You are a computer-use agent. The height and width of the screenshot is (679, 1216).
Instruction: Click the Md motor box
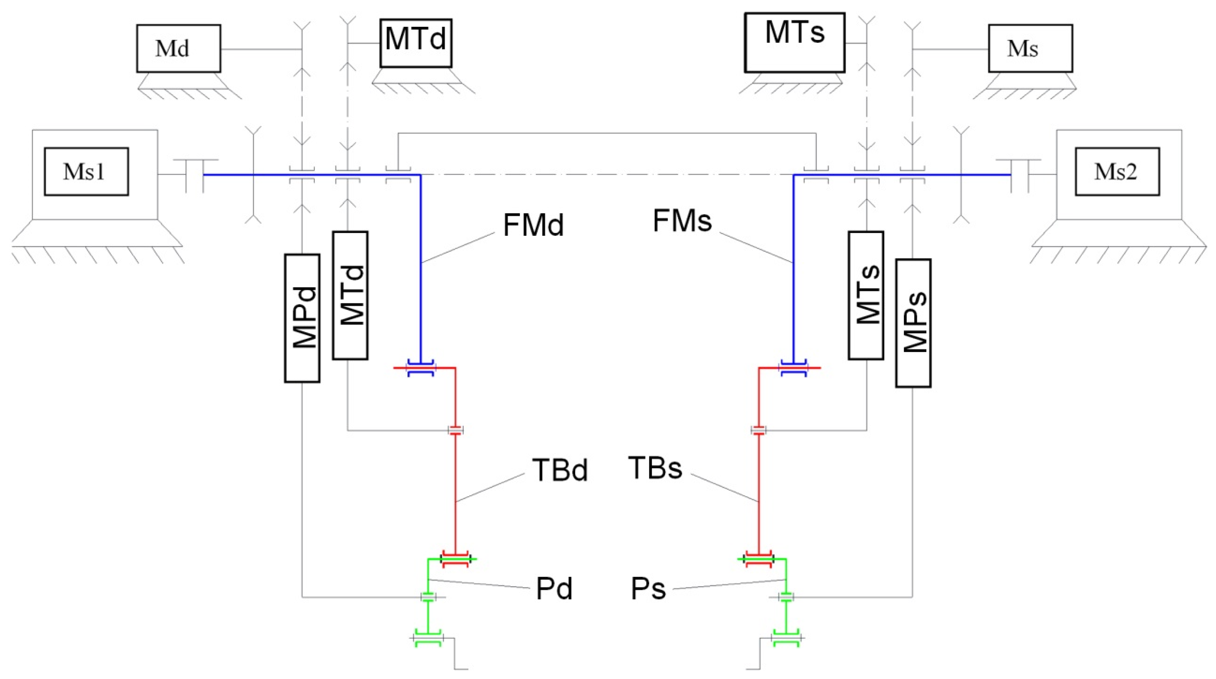178,48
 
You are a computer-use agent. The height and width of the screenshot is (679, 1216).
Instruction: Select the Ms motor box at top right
1031,48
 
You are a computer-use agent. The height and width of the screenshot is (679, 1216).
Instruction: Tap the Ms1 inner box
86,171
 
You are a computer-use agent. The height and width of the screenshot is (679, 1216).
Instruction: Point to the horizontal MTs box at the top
795,42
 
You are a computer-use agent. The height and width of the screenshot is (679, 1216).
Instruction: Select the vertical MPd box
302,318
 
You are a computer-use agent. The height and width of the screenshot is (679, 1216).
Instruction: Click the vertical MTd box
350,295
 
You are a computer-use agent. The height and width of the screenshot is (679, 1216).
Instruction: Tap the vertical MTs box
866,295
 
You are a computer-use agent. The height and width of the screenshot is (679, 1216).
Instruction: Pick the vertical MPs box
913,323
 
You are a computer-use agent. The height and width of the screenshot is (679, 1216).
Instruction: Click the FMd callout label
534,225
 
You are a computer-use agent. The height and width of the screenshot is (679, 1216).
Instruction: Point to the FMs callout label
682,221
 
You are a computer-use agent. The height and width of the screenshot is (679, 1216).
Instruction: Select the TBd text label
560,470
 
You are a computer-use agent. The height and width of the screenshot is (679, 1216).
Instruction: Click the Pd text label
554,589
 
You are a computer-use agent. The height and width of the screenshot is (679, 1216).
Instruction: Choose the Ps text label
648,589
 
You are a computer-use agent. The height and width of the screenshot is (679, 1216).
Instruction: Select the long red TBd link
456,491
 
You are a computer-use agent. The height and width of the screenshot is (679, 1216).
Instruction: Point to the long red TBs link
758,491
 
